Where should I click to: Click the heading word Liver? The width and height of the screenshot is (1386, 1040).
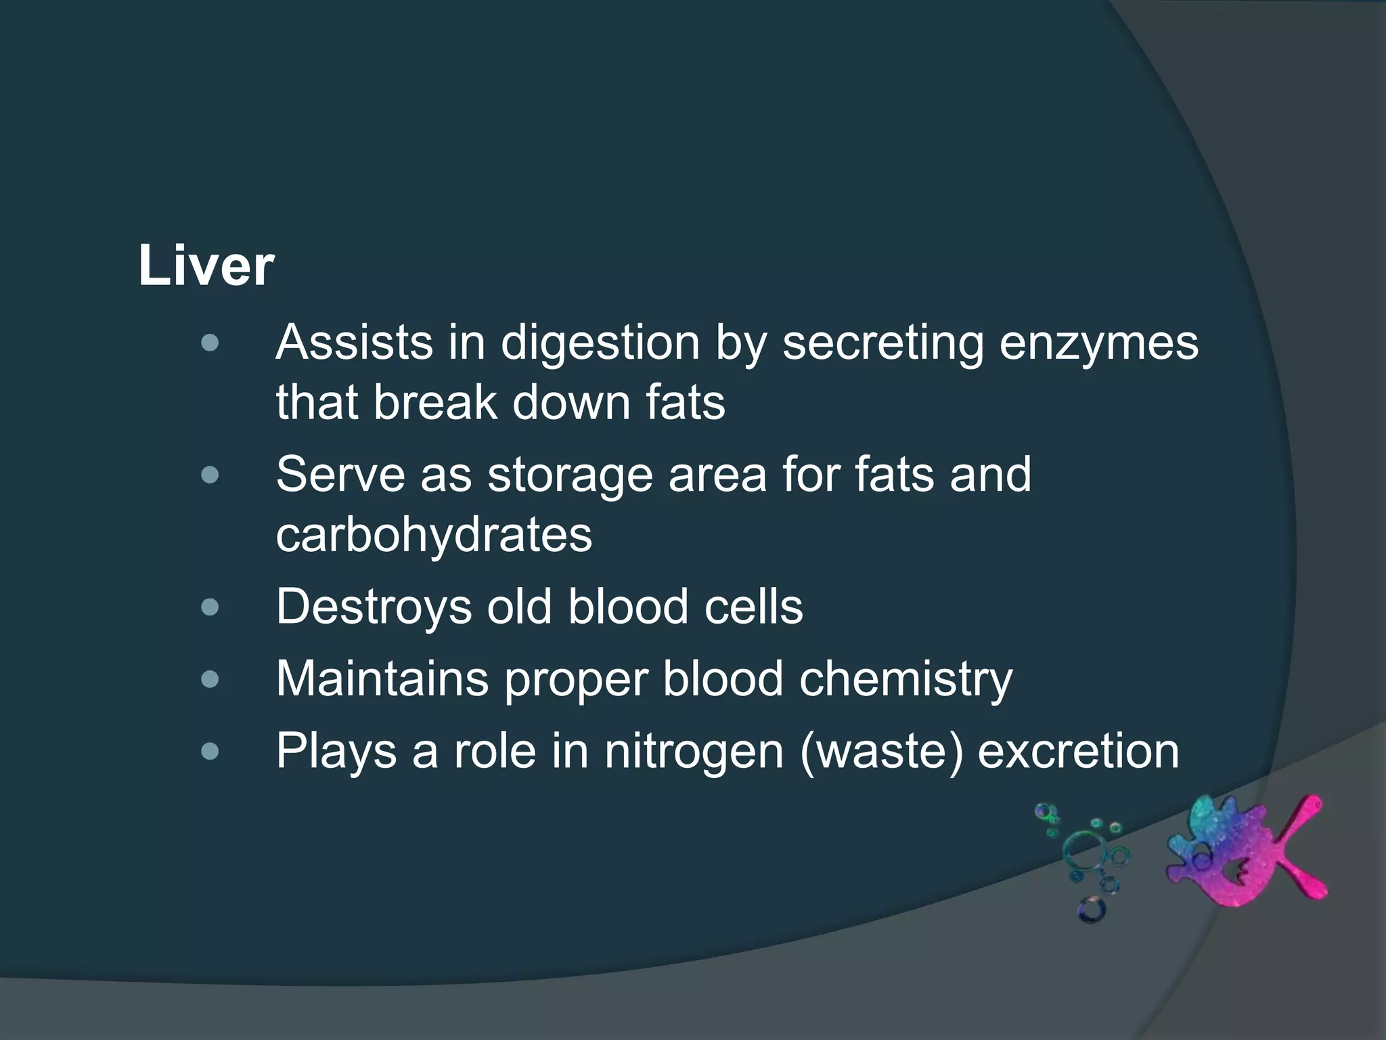click(206, 267)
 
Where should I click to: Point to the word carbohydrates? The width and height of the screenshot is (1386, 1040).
click(434, 534)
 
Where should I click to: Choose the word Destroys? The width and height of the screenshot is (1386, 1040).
click(374, 606)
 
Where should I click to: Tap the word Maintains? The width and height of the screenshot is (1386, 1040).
click(382, 678)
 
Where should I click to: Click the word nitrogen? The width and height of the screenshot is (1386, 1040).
click(694, 752)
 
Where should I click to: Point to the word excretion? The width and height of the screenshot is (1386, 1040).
click(1078, 752)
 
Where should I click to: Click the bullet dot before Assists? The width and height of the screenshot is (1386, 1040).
click(210, 343)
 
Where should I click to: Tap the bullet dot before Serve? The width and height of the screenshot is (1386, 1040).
click(210, 475)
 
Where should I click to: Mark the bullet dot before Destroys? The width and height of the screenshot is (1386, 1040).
click(210, 607)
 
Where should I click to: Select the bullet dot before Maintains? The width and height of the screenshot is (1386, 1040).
click(210, 679)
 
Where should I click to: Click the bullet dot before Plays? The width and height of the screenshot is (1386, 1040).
click(210, 751)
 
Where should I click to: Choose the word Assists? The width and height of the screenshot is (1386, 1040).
click(354, 343)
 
